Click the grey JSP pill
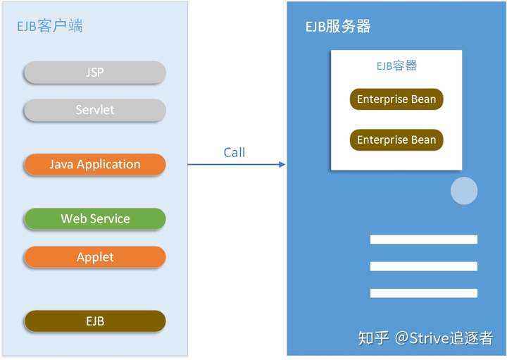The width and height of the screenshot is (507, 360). coord(95,72)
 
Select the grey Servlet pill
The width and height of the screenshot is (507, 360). coord(95,110)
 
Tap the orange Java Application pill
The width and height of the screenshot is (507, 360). coord(95,164)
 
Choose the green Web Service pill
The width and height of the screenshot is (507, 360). coord(95,218)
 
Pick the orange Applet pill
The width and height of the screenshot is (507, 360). coord(95,257)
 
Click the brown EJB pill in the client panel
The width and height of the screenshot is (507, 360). coord(95,321)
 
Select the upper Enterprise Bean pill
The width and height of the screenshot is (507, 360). coord(396,99)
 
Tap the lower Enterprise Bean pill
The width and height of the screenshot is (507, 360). coord(396,139)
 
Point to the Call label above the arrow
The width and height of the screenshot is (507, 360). coord(234,152)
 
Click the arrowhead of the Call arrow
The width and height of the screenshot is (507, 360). coord(282,164)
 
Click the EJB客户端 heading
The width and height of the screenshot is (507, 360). coord(50,26)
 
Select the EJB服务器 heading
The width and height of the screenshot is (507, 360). coord(338,26)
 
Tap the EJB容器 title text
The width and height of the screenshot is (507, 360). coord(396,66)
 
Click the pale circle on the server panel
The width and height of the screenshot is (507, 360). coord(464,191)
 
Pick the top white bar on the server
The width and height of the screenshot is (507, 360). coord(424,240)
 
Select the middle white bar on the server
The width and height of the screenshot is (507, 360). coord(424,266)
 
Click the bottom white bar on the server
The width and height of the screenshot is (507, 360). coord(424,293)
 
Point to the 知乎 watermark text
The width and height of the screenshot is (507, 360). coord(373,338)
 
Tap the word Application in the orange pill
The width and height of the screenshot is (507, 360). coord(108,165)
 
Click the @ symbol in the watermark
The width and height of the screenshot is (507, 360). coord(402,338)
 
